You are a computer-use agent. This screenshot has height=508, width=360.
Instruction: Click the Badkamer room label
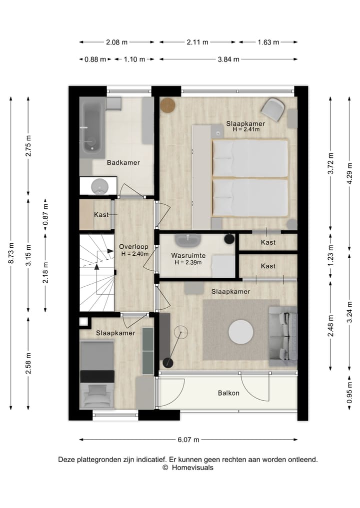123,163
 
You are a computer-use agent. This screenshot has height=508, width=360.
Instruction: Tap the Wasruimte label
188,256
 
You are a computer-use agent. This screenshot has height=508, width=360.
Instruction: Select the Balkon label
228,393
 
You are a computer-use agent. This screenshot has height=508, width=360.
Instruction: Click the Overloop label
133,247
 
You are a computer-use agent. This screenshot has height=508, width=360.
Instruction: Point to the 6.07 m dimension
188,440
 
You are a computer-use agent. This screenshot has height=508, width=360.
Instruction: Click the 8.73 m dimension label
11,253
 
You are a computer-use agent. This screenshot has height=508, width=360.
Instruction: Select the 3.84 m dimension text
228,59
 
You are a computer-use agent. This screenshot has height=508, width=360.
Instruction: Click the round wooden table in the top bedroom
168,105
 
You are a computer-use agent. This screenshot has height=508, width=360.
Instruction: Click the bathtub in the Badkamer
92,128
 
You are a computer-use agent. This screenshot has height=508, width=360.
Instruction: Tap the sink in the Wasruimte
187,240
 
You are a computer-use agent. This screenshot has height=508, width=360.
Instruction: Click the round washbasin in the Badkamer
99,186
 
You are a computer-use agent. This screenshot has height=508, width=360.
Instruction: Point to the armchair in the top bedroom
273,109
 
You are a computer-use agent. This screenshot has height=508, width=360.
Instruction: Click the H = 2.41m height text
246,129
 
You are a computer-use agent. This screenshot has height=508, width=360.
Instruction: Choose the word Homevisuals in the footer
192,468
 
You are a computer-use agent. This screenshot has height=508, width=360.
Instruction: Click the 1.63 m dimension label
268,42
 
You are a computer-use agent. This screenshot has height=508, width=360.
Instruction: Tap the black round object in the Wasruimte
229,239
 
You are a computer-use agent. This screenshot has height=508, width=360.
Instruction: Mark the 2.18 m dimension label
45,273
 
